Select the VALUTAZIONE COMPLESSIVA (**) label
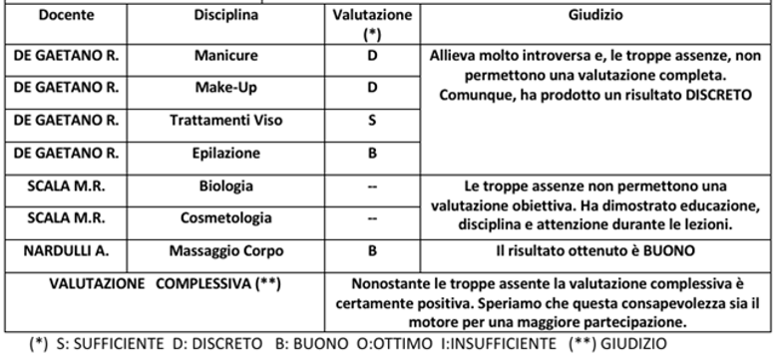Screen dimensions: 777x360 click(164, 283)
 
